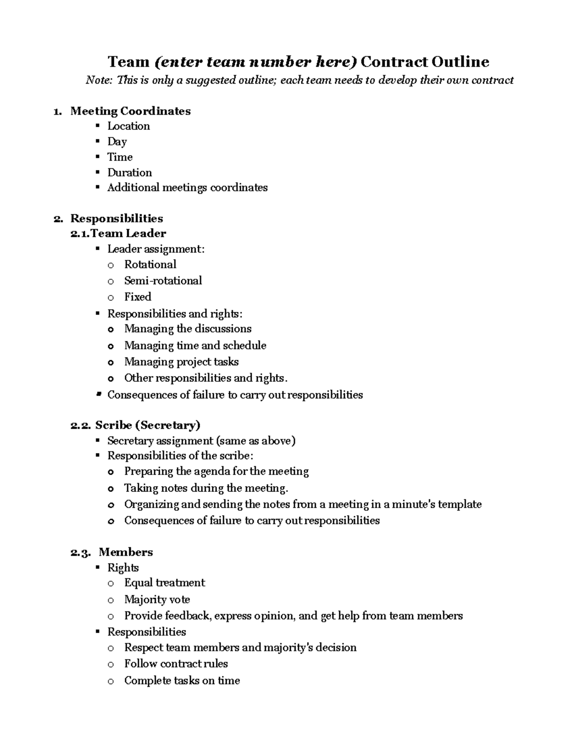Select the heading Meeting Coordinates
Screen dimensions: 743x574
(x=130, y=111)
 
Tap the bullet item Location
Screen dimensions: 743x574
(x=128, y=126)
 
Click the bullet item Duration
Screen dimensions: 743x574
(x=129, y=173)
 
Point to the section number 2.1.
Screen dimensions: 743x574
(x=80, y=233)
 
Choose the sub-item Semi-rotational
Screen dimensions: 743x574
(x=163, y=281)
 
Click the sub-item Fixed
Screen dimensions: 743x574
(x=137, y=297)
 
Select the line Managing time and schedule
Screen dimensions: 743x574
(x=195, y=345)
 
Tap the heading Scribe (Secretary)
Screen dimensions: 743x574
(x=147, y=425)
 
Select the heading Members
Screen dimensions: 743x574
(x=125, y=552)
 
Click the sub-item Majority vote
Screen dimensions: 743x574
(x=157, y=599)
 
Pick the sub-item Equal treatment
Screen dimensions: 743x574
(x=164, y=583)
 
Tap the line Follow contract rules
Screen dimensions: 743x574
(x=176, y=664)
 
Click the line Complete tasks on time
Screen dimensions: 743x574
(x=182, y=680)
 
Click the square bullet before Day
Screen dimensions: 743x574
(x=98, y=141)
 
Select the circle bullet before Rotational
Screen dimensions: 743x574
(x=111, y=265)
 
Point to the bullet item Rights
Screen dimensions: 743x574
(x=122, y=568)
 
